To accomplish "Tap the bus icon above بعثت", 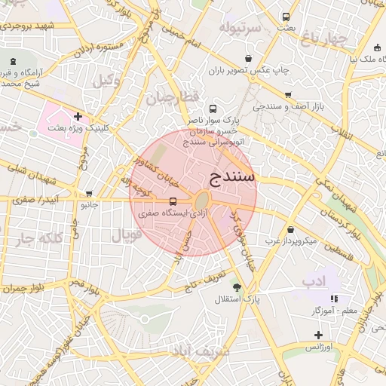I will click(x=286, y=17).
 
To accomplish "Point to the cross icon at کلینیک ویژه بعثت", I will click(x=78, y=116).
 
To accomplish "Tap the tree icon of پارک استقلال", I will click(x=237, y=287).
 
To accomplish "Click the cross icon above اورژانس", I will click(x=319, y=334).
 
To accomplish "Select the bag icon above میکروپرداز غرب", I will click(x=291, y=229).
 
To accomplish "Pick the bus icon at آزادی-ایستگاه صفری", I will click(x=174, y=202).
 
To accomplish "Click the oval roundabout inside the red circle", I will click(x=201, y=201).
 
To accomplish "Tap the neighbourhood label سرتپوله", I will click(x=240, y=28).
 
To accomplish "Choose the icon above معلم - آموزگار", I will click(x=334, y=299).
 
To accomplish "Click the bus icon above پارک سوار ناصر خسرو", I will click(x=213, y=109).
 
